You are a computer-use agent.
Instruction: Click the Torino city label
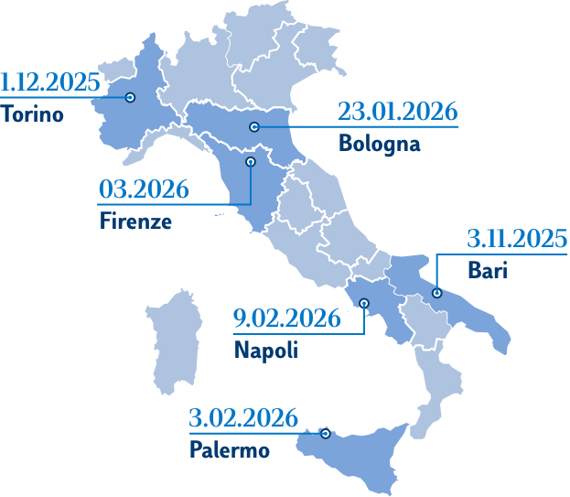coord(32,116)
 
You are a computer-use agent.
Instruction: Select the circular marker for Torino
coord(130,97)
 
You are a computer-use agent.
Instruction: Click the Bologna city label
coord(379,144)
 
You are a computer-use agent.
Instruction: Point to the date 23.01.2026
coord(397,113)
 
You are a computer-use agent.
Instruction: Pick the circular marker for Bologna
coord(255,126)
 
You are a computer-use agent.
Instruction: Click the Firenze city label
coord(134,221)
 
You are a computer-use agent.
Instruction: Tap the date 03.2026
coord(144,190)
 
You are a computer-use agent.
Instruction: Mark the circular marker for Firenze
coord(249,161)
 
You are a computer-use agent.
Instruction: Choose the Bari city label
coord(486,271)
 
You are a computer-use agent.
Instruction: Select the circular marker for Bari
coord(436,293)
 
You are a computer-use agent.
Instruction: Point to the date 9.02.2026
coord(286,319)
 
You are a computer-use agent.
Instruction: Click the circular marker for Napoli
coord(365,303)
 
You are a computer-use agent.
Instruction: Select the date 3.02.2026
coord(243,419)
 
